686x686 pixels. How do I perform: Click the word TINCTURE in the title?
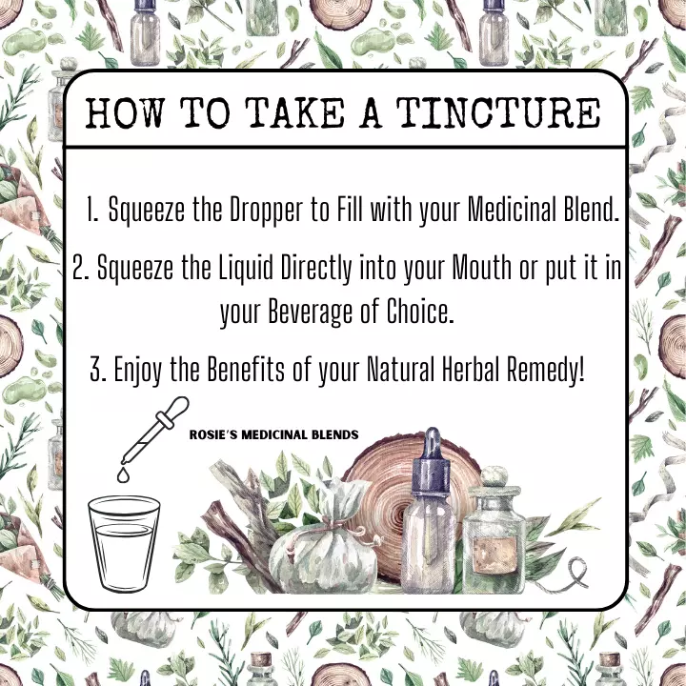click(498, 112)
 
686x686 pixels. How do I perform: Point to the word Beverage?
click(310, 312)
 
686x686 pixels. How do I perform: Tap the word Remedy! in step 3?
click(546, 370)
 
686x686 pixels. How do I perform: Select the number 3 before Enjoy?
click(97, 370)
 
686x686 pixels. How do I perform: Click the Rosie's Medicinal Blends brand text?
click(273, 434)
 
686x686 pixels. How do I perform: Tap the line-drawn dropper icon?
click(155, 430)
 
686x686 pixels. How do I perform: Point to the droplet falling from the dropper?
click(123, 475)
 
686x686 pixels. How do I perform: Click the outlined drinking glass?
click(124, 543)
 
